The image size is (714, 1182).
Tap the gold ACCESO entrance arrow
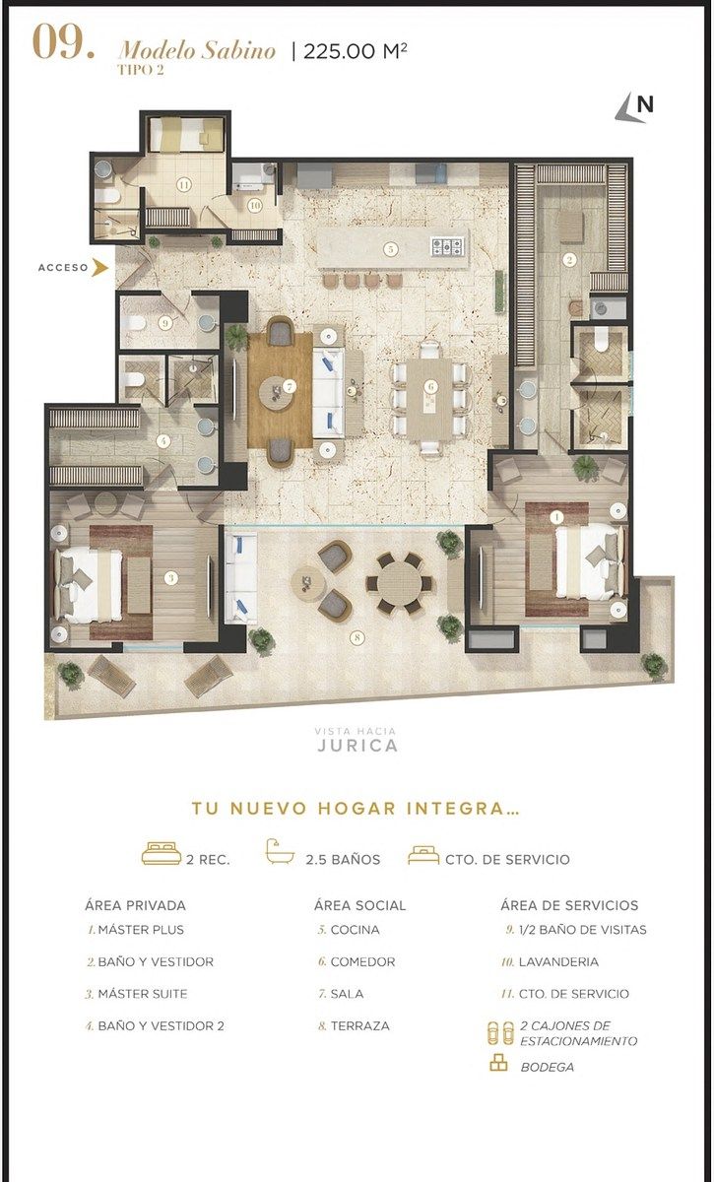click(99, 268)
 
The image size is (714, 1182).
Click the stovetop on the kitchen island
click(448, 246)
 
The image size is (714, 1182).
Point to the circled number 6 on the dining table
click(431, 387)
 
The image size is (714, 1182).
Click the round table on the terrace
click(400, 583)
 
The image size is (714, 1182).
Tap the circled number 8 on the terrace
click(357, 637)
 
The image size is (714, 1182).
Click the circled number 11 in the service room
click(183, 185)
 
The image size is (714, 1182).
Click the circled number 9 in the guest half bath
click(165, 322)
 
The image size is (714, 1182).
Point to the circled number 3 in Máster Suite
click(170, 578)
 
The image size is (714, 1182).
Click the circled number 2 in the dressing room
click(569, 259)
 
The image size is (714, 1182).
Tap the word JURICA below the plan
click(357, 746)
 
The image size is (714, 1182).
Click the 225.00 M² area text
click(356, 51)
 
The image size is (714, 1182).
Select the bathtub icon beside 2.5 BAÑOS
click(280, 852)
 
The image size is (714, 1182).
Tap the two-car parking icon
click(500, 1033)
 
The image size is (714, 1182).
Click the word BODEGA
click(548, 1067)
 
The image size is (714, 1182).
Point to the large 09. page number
click(64, 42)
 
